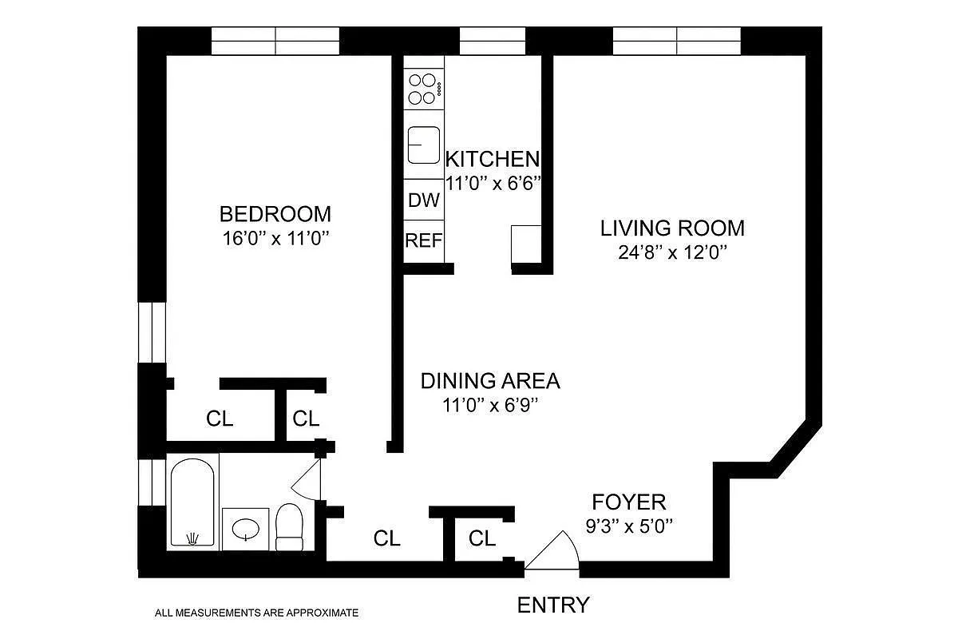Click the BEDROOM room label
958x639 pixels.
point(275,214)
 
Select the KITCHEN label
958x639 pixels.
point(492,158)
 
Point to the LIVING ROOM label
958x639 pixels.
point(672,228)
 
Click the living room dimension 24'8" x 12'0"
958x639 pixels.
point(672,252)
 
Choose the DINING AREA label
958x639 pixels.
point(490,381)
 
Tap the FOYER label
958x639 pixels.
point(628,502)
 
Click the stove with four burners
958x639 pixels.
point(423,89)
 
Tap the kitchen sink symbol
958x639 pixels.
point(423,145)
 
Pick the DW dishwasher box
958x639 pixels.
point(423,200)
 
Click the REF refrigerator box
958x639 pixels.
point(423,240)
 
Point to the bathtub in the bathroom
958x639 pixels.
point(192,502)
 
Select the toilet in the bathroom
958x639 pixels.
point(290,526)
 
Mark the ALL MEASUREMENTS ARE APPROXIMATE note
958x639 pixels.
point(256,613)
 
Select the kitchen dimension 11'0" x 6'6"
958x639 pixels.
point(493,183)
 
